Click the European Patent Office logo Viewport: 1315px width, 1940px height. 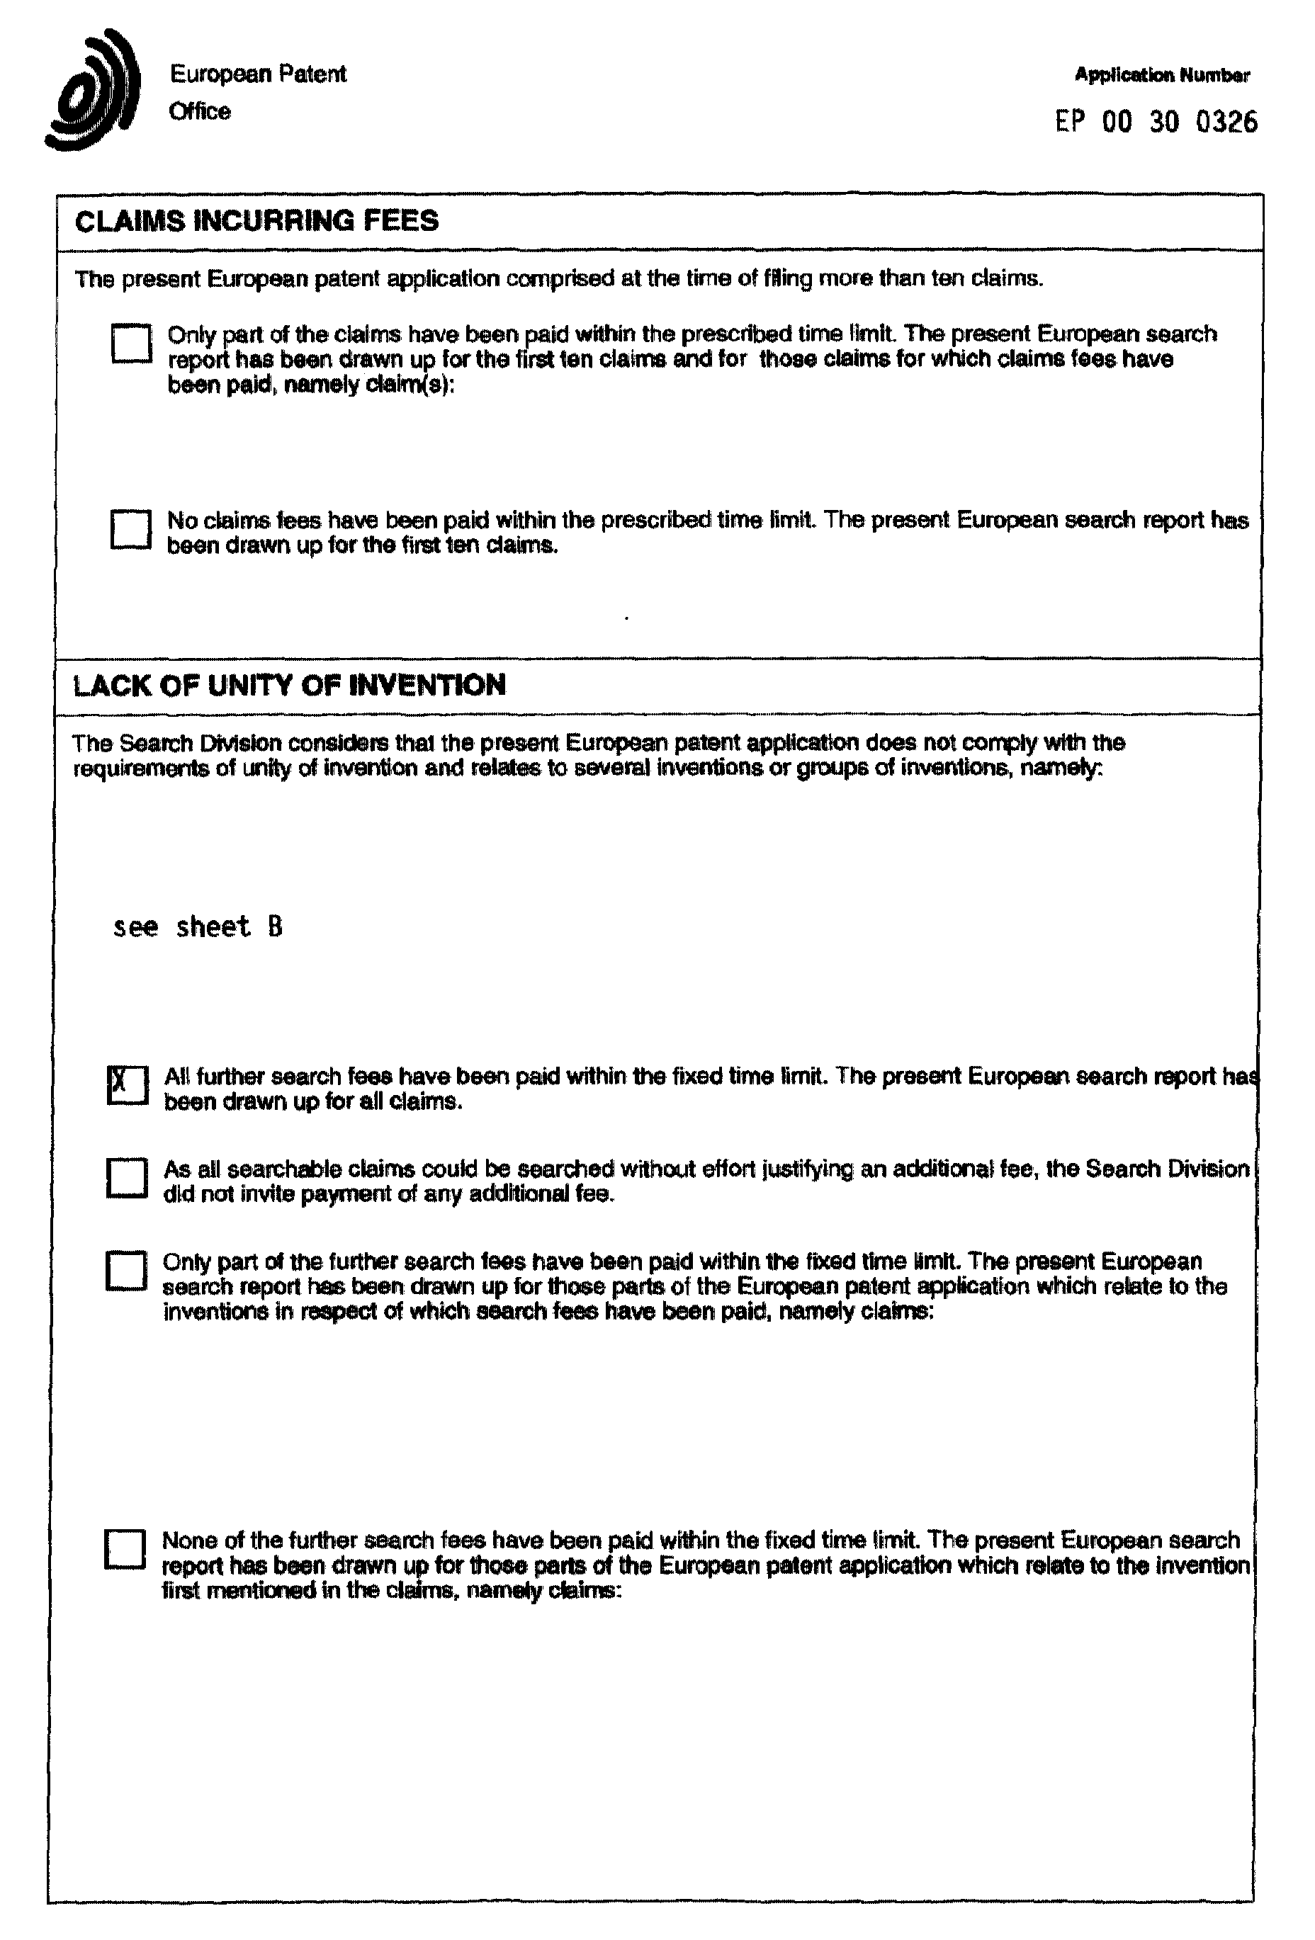click(93, 91)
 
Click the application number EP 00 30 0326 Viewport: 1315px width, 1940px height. click(1156, 123)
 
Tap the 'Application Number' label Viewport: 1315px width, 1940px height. click(1161, 75)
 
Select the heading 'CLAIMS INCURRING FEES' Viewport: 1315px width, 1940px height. click(256, 221)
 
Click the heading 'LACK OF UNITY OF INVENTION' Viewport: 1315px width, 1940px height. click(289, 686)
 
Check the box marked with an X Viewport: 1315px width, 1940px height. click(128, 1085)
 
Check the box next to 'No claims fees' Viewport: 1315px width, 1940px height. click(130, 529)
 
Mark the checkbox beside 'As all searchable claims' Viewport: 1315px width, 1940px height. click(127, 1178)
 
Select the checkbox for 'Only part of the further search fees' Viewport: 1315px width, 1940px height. click(126, 1271)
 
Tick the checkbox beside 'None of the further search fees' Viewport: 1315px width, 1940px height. click(125, 1548)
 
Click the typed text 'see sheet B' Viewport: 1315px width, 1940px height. click(198, 926)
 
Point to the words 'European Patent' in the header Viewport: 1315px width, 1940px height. click(258, 74)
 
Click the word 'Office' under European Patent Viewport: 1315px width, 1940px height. click(200, 111)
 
